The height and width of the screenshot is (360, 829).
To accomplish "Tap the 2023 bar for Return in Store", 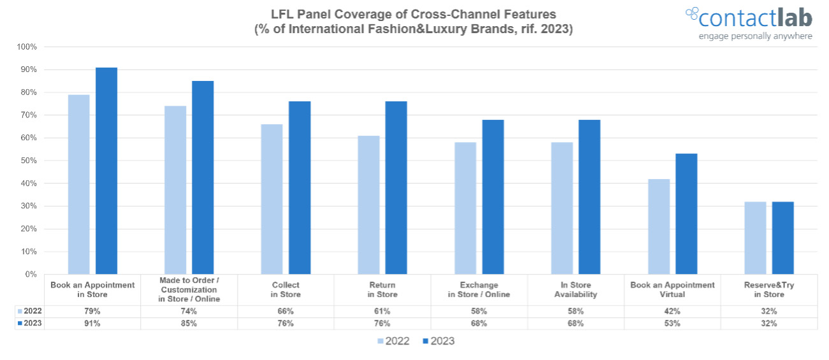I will point(396,187).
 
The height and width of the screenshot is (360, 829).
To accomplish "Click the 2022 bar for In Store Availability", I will point(562,208).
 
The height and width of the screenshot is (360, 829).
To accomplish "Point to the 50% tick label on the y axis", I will point(28,161).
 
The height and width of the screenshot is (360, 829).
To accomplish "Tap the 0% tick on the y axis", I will point(30,275).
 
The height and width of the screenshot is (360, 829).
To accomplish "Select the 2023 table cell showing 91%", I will point(92,324).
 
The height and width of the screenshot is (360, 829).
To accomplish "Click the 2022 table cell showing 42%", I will point(672,312).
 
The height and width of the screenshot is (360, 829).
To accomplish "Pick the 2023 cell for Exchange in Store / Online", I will point(479,324).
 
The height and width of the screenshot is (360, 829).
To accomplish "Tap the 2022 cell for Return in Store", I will point(382,312).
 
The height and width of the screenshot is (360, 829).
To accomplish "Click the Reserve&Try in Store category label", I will point(768,290).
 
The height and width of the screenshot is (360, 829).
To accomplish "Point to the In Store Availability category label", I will point(575,290).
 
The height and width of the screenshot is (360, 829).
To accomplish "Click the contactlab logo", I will point(749,17).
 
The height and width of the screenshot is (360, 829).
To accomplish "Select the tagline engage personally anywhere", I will point(755,36).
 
